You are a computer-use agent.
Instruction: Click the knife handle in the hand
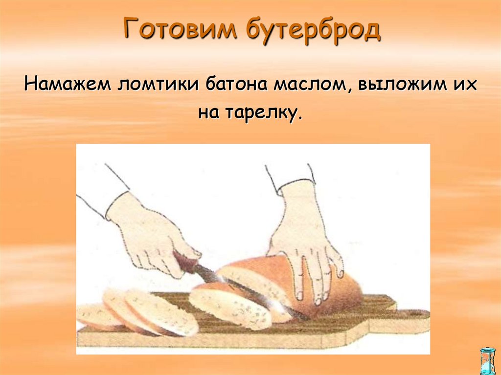[x=186, y=263]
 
